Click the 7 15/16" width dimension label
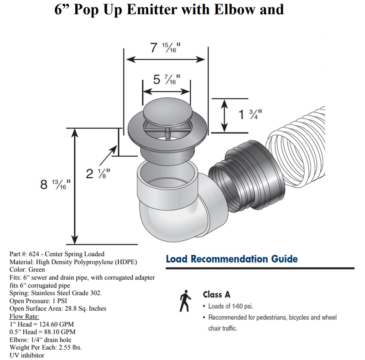(x=165, y=48)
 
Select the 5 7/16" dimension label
(x=166, y=80)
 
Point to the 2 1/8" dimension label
(x=98, y=173)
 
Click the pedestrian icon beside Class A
(x=185, y=302)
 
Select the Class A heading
(x=217, y=295)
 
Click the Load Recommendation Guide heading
(x=231, y=259)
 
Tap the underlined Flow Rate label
(x=24, y=316)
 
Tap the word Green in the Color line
(x=36, y=270)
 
